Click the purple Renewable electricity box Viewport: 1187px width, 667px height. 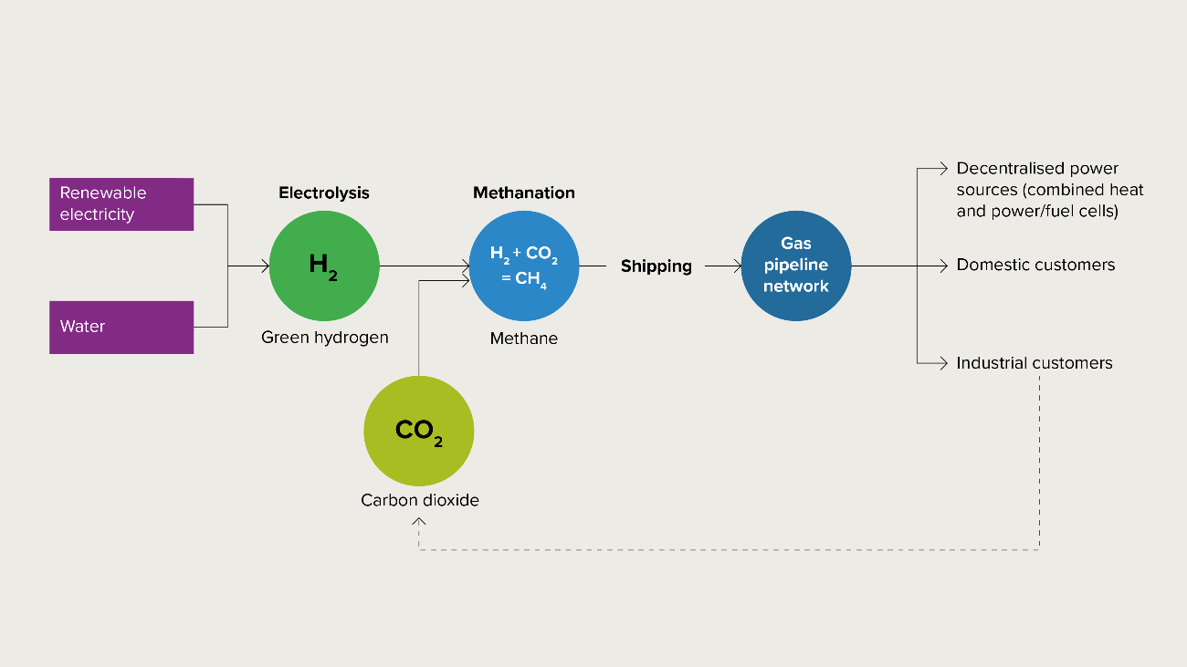(x=121, y=204)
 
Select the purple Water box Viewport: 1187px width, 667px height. (x=121, y=327)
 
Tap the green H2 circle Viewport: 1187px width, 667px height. (x=324, y=266)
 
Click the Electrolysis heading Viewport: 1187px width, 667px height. (x=324, y=193)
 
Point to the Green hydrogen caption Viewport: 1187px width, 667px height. (x=324, y=338)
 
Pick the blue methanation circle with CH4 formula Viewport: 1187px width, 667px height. (x=524, y=266)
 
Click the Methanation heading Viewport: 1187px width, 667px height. (x=524, y=193)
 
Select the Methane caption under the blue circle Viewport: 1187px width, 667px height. (x=524, y=339)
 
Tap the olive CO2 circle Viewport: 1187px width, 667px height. (x=419, y=431)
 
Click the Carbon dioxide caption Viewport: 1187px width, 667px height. (x=419, y=500)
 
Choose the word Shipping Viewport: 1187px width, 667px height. (x=657, y=266)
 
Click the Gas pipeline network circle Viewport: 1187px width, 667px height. (x=796, y=266)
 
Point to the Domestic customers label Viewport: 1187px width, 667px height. (x=1035, y=266)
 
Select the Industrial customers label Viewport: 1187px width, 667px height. (x=1035, y=363)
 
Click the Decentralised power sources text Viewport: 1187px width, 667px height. (x=1050, y=190)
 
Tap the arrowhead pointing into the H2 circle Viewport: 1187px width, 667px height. (x=266, y=266)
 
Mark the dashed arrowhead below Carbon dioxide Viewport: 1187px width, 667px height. (x=419, y=521)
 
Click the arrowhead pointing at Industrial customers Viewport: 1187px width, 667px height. (x=945, y=363)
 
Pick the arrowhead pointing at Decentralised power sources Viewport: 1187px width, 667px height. (x=945, y=168)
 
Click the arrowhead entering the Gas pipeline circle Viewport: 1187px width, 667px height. (x=738, y=266)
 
